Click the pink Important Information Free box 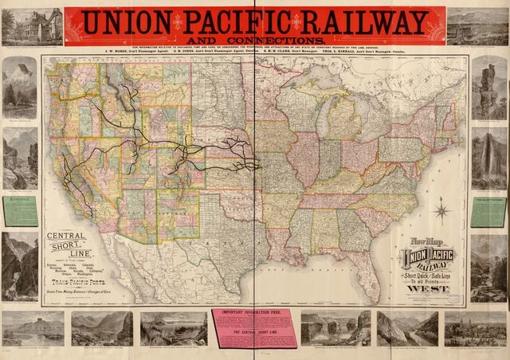[x=253, y=327]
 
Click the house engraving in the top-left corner [x=31, y=26]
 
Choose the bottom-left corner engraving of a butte [x=33, y=327]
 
